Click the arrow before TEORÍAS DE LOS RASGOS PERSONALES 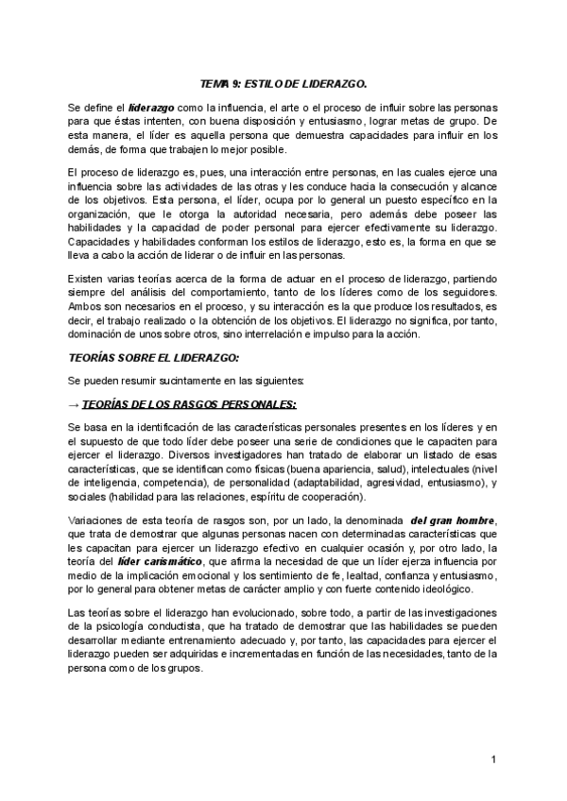coord(75,404)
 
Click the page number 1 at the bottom coord(493,759)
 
